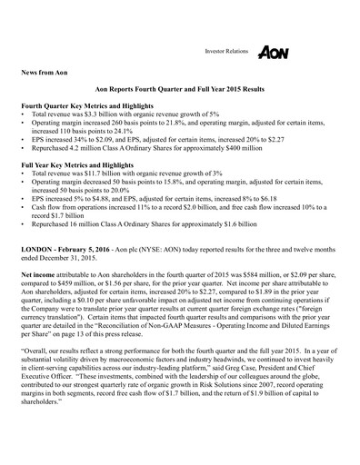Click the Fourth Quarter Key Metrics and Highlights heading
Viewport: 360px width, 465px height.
click(x=100, y=133)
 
